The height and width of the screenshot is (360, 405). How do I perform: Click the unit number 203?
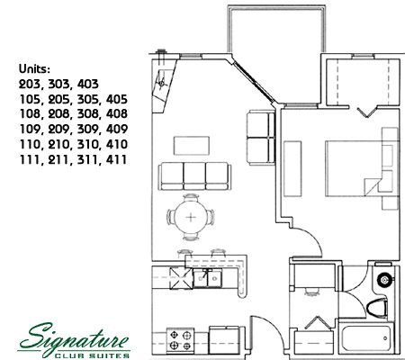(x=30, y=84)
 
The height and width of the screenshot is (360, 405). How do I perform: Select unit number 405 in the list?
(x=117, y=99)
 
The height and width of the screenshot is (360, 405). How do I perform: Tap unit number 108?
(x=30, y=114)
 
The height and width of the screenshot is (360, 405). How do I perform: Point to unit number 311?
(x=87, y=159)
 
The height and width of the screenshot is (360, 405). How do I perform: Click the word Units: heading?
(x=34, y=69)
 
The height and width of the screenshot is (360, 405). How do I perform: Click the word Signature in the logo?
(x=74, y=338)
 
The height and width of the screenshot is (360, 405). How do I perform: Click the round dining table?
(x=191, y=217)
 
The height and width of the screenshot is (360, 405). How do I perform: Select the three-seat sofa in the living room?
(x=194, y=176)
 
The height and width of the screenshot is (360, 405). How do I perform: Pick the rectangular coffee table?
(x=192, y=146)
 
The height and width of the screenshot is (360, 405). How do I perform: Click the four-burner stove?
(x=180, y=340)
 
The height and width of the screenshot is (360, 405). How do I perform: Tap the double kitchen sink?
(x=208, y=278)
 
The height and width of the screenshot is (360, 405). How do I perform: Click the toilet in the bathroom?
(x=377, y=308)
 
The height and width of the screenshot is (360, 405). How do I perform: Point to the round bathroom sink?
(x=384, y=280)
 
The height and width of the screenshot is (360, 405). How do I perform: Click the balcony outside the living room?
(x=276, y=30)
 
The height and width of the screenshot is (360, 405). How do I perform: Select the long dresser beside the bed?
(x=292, y=169)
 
